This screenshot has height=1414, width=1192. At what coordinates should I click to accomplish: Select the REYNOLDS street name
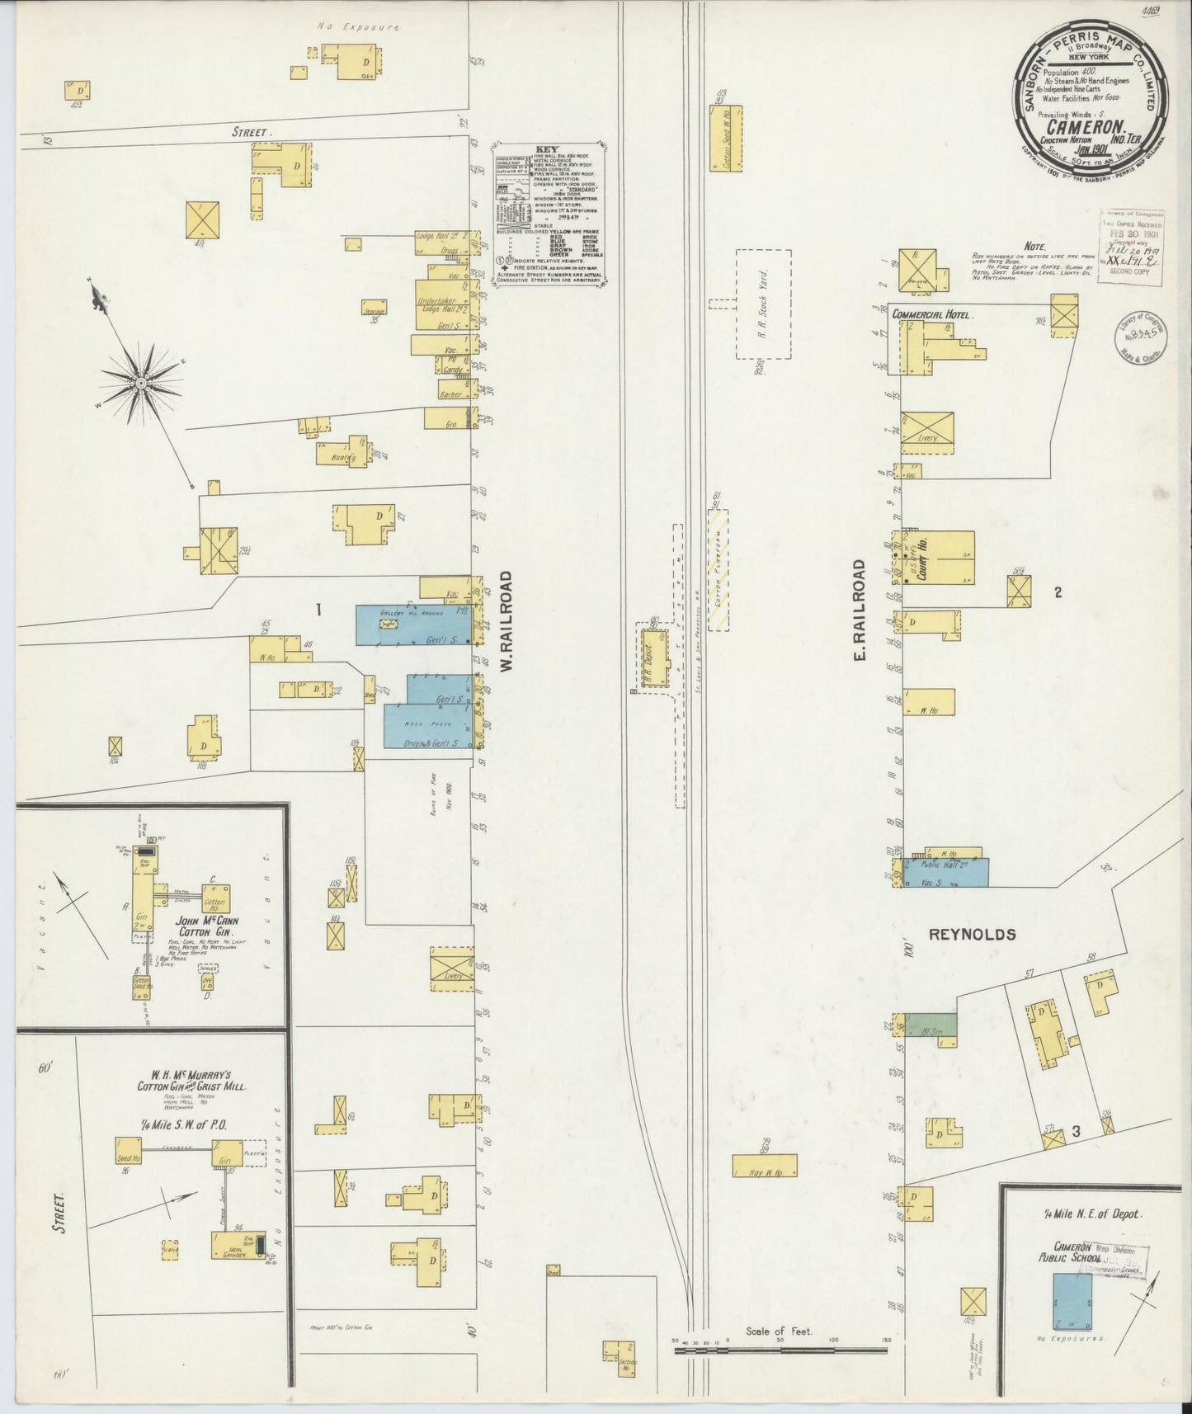(x=972, y=935)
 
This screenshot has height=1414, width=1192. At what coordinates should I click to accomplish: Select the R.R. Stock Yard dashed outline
(x=763, y=304)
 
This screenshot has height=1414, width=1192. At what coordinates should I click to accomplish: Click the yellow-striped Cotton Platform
(x=718, y=569)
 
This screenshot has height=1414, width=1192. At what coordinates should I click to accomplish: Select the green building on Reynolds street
(x=931, y=1025)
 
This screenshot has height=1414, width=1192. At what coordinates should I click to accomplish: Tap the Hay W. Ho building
(x=765, y=1165)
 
